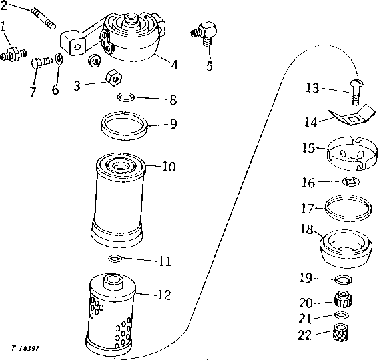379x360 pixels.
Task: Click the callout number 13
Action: [312, 88]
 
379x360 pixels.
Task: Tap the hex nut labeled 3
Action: [113, 77]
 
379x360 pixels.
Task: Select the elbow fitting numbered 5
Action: [204, 33]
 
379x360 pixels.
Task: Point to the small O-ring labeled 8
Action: [126, 97]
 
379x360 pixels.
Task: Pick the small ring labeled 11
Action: [115, 259]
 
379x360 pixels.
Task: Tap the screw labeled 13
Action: [356, 92]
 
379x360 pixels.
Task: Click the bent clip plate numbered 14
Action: [352, 115]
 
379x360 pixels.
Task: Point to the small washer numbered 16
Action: [351, 181]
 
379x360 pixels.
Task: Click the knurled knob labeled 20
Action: [343, 299]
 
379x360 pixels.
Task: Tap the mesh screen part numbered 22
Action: [341, 333]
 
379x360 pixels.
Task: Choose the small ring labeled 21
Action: [342, 315]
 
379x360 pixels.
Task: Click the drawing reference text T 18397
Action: [25, 348]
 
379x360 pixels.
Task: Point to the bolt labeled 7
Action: [42, 62]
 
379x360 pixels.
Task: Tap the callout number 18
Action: [307, 229]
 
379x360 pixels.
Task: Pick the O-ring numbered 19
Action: [343, 279]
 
